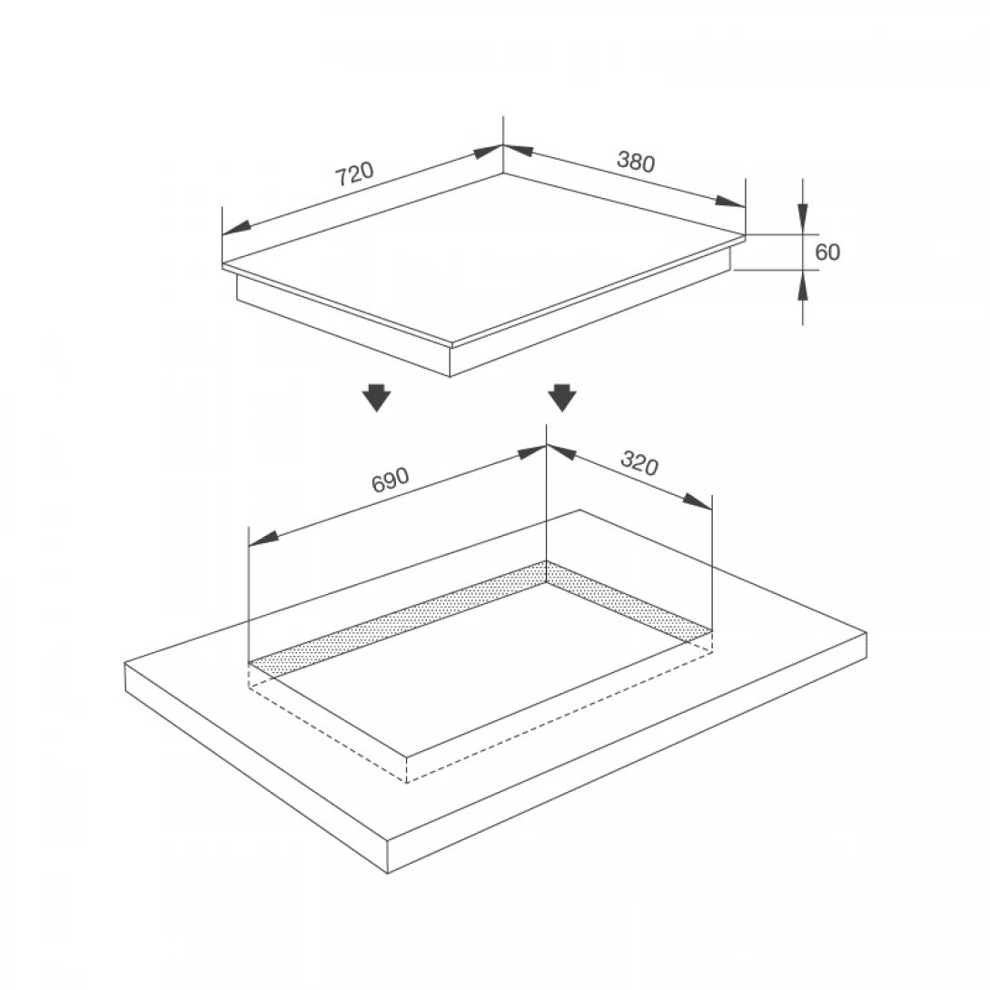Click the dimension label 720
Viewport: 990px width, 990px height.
[x=353, y=173]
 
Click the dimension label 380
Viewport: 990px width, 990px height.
[x=636, y=161]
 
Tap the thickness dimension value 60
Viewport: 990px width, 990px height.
[x=827, y=252]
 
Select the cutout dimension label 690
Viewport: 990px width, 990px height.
[x=391, y=480]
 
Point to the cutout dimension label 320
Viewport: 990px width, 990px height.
[x=639, y=463]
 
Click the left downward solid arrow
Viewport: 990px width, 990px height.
[x=375, y=397]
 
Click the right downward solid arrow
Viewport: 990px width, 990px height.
[x=562, y=397]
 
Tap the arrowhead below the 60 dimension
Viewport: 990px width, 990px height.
[x=803, y=286]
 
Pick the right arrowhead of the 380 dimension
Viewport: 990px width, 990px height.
[x=730, y=202]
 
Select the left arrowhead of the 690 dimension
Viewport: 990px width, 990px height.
[x=262, y=540]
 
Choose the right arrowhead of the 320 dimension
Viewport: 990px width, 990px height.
[x=698, y=501]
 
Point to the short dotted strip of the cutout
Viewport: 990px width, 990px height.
[x=627, y=599]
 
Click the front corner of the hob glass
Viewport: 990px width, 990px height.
[x=451, y=343]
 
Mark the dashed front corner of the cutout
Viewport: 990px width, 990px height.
[x=406, y=781]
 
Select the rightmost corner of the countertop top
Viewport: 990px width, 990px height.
[x=866, y=634]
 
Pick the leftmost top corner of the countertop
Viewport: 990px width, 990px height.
[x=125, y=663]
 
